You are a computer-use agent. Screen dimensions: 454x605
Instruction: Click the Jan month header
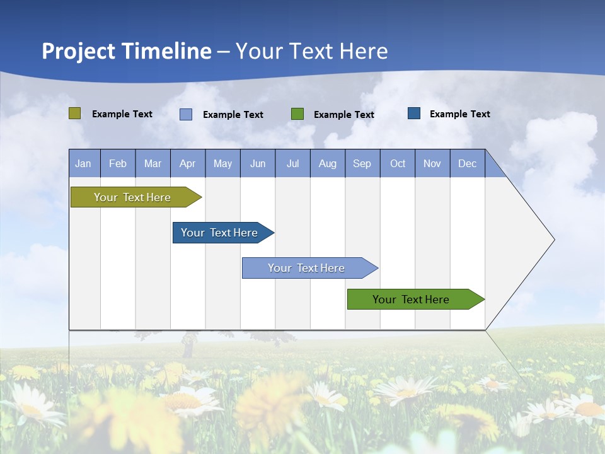(83, 163)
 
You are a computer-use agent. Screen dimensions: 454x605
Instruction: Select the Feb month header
(118, 163)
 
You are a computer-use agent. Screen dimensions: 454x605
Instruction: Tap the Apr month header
(187, 163)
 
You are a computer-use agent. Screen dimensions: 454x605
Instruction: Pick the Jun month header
(258, 163)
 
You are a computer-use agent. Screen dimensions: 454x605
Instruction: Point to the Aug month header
(327, 163)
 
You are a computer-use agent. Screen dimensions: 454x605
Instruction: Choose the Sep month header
(362, 163)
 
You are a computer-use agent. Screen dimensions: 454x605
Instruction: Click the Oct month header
(398, 163)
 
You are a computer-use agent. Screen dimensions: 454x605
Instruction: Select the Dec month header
(467, 163)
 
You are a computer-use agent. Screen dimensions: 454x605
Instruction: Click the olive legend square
(75, 113)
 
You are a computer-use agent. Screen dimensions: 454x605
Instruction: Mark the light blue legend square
(186, 114)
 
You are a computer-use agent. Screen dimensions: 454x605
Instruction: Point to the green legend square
(297, 114)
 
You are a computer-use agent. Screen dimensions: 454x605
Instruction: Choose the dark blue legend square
(414, 113)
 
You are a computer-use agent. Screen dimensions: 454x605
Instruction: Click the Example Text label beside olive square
(122, 114)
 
